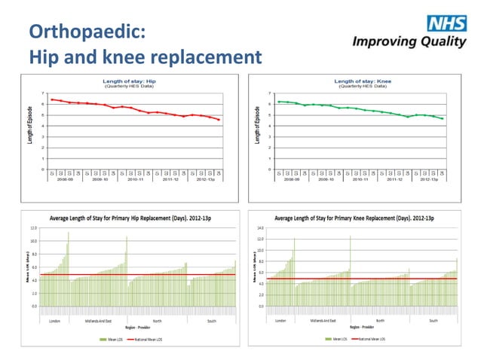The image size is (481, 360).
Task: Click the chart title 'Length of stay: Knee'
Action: coord(362,81)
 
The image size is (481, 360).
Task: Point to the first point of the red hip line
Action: coord(51,99)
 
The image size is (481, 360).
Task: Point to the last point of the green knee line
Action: coord(443,118)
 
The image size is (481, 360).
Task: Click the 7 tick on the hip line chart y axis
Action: coord(42,93)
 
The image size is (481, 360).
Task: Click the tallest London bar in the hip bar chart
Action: coord(69,233)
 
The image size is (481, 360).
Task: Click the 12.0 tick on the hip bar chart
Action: coord(33,227)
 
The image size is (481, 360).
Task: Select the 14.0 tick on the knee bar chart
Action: coord(260,227)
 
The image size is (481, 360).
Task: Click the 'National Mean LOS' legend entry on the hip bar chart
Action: coord(149,340)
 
